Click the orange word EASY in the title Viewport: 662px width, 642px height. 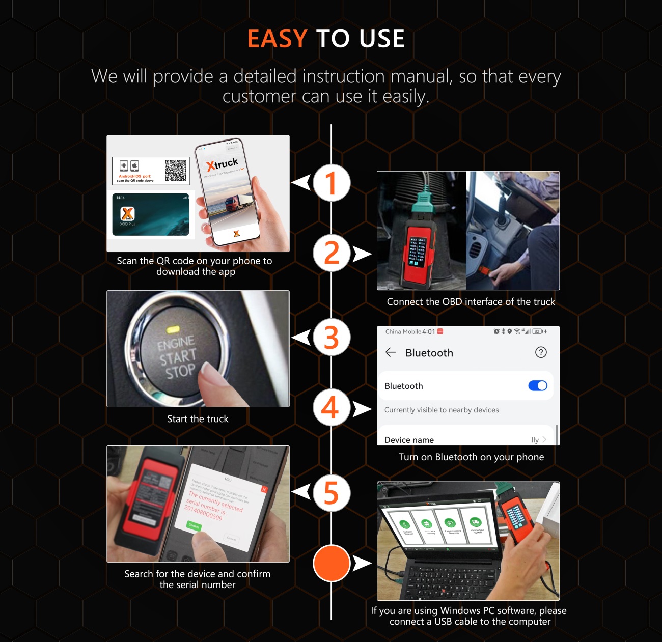pyautogui.click(x=277, y=39)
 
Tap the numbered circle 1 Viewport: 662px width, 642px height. pyautogui.click(x=332, y=183)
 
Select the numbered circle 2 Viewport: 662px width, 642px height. pyautogui.click(x=332, y=253)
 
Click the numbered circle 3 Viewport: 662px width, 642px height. pyautogui.click(x=332, y=337)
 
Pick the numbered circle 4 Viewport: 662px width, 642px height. pyautogui.click(x=332, y=407)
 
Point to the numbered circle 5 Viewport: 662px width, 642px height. pyautogui.click(x=332, y=493)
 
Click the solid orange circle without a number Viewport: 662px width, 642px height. pyautogui.click(x=332, y=563)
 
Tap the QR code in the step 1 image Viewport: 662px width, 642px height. pyautogui.click(x=176, y=171)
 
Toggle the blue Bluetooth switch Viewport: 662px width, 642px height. pyautogui.click(x=538, y=386)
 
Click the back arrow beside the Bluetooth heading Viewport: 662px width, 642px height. pyautogui.click(x=391, y=352)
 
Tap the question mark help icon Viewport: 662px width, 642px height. pyautogui.click(x=541, y=352)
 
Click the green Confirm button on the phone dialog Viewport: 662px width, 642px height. pyautogui.click(x=194, y=525)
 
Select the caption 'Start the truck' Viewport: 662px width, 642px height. pyautogui.click(x=198, y=419)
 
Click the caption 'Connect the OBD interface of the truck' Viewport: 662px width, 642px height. pyautogui.click(x=471, y=302)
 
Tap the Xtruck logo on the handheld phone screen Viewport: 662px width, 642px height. pyautogui.click(x=223, y=164)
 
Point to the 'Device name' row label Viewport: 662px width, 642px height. pyautogui.click(x=409, y=440)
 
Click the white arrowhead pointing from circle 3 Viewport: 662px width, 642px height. pyautogui.click(x=302, y=337)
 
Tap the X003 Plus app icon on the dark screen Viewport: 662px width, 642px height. pyautogui.click(x=127, y=214)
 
